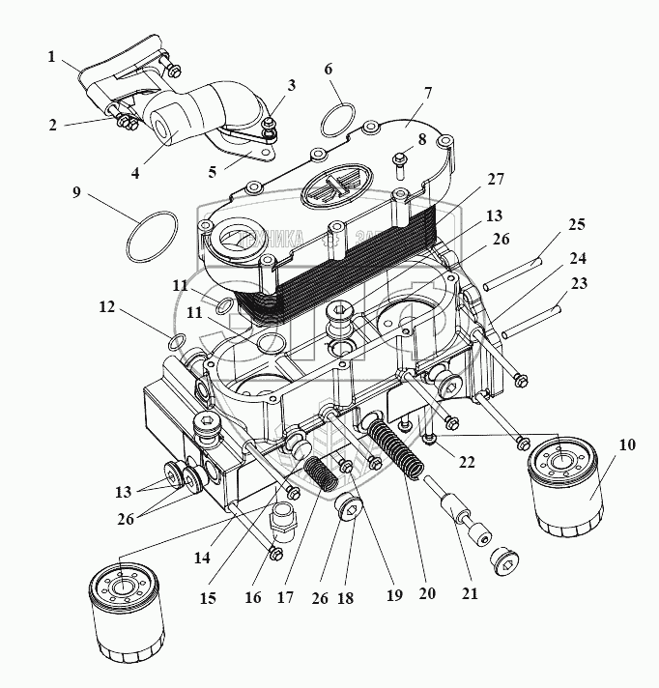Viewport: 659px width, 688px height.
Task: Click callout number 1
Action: (51, 56)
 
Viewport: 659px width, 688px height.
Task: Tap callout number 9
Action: (76, 192)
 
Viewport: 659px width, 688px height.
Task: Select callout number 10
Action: (628, 445)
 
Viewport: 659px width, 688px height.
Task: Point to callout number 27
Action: (496, 180)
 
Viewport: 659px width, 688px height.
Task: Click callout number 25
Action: (577, 225)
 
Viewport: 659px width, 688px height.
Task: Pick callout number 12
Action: (106, 308)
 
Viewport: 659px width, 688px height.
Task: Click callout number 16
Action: (253, 598)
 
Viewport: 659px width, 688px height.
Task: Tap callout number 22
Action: (467, 462)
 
